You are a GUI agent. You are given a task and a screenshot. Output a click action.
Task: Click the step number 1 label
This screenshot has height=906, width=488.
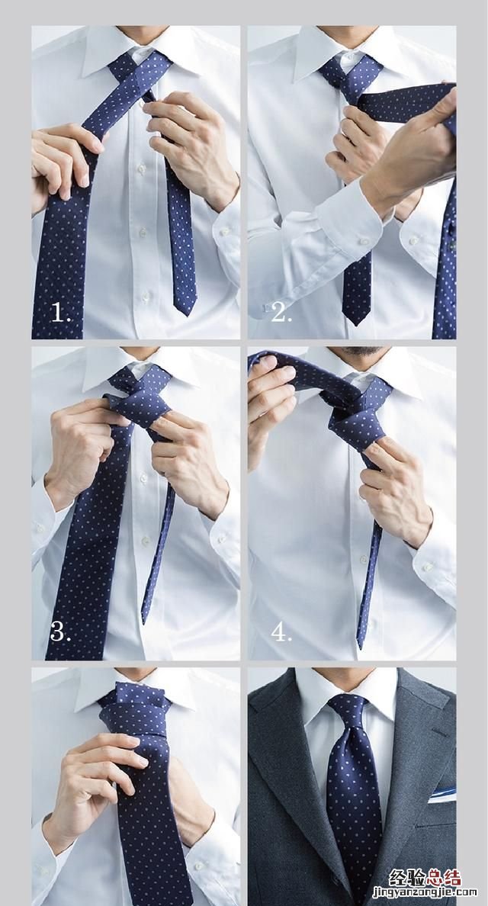61,313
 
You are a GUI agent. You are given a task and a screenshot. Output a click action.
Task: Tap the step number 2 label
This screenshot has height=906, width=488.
281,313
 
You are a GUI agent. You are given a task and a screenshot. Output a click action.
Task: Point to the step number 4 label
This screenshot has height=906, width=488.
281,632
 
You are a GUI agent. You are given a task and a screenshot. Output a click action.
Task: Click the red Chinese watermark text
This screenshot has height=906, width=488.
425,877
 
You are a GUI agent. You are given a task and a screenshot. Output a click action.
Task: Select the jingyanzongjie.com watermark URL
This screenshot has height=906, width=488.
425,893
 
